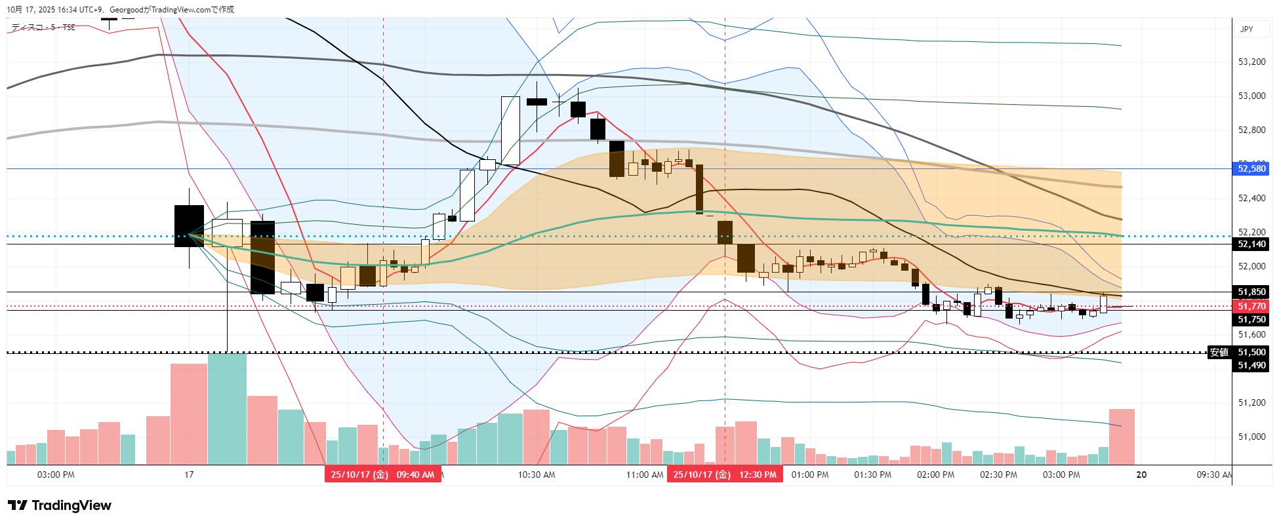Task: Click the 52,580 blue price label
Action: click(x=1251, y=168)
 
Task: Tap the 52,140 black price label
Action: click(x=1251, y=244)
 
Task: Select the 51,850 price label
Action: click(x=1251, y=292)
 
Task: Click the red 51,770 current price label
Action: click(x=1251, y=306)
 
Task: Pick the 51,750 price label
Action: click(x=1251, y=319)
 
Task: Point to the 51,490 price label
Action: click(x=1251, y=365)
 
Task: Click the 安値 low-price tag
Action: click(x=1219, y=352)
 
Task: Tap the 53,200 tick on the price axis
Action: click(x=1251, y=62)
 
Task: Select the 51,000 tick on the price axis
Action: click(x=1251, y=437)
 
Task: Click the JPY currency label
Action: click(x=1246, y=29)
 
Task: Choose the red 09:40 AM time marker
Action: click(x=382, y=475)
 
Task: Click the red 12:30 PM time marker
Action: click(x=725, y=475)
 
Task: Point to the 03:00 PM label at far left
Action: click(x=56, y=475)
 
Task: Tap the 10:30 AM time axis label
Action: click(x=537, y=475)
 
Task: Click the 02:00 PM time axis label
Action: click(x=935, y=475)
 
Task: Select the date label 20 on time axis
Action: click(x=1141, y=475)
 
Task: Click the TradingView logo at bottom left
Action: click(x=60, y=505)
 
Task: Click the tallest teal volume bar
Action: click(x=227, y=408)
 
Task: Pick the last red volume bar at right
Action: click(x=1122, y=437)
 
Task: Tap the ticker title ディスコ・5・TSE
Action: click(x=43, y=28)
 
